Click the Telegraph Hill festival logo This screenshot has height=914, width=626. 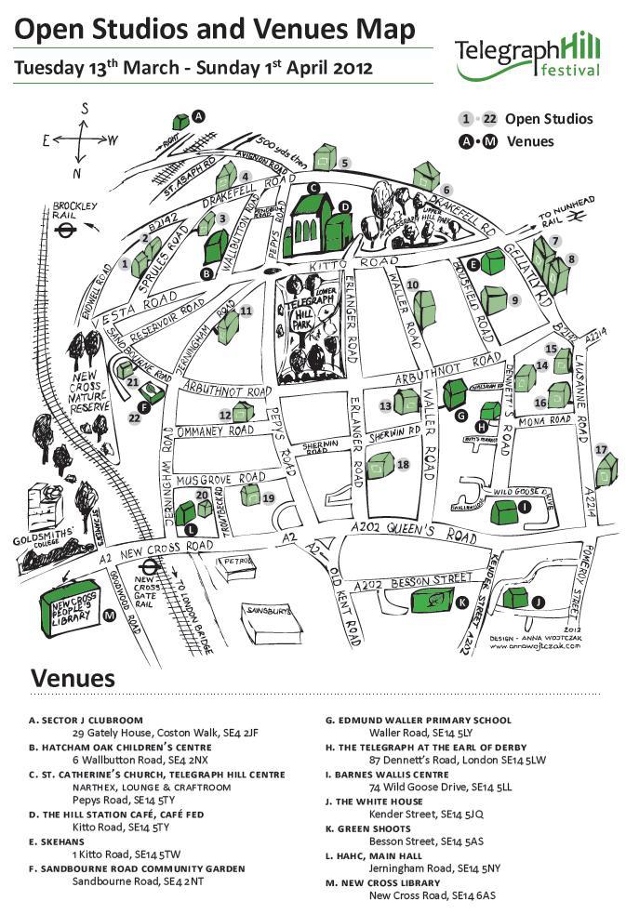coord(526,56)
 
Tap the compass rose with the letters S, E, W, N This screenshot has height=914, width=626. coord(80,140)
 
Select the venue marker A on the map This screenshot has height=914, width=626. coord(197,116)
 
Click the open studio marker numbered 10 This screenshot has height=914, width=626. coord(413,285)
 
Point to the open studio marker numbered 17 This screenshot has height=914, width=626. coord(602,450)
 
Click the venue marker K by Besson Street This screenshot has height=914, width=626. coord(463,603)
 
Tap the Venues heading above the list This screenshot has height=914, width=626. coord(73,678)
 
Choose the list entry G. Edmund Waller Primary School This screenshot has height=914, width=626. coord(417,720)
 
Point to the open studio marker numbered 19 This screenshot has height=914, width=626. coord(268,498)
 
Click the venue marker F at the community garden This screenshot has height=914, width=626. coord(144,406)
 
